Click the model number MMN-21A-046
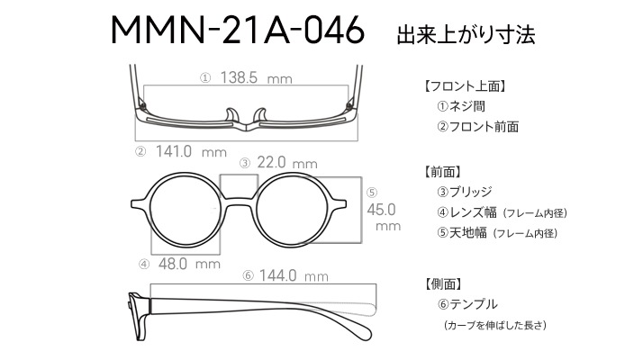(x=238, y=30)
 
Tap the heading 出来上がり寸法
(x=466, y=34)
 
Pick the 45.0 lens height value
(x=381, y=210)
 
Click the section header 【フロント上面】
(x=464, y=86)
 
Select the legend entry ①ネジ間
(x=461, y=106)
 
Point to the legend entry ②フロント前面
(x=477, y=126)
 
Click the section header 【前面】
(x=443, y=172)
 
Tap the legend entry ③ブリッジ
(x=464, y=192)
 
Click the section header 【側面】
(x=443, y=283)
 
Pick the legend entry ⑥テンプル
(x=467, y=304)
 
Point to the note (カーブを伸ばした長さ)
(x=495, y=325)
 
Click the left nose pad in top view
(x=231, y=115)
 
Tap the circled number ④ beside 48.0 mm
(x=144, y=265)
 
